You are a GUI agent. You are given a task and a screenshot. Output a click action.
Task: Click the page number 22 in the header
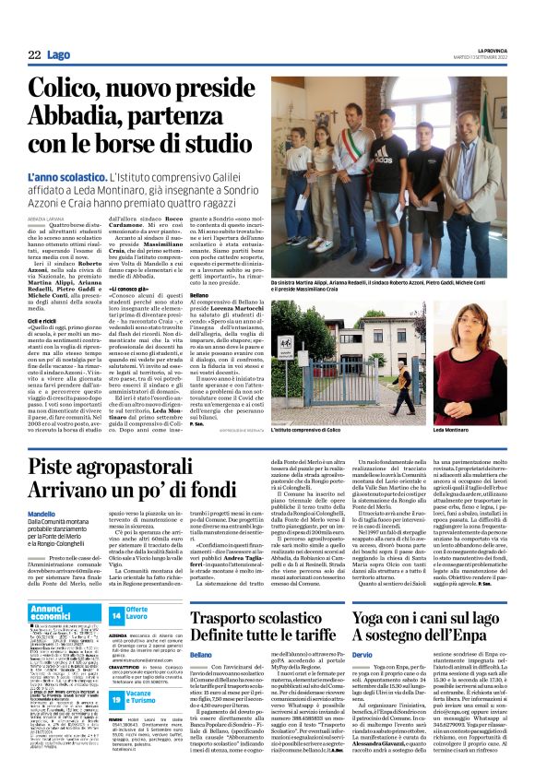(x=34, y=55)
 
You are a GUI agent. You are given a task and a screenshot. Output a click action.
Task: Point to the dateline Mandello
(x=41, y=513)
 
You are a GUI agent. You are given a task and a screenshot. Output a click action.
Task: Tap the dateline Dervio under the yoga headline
(x=365, y=679)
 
